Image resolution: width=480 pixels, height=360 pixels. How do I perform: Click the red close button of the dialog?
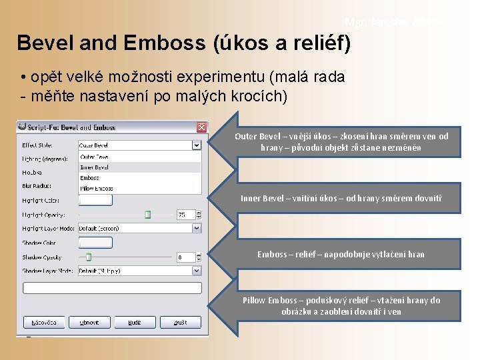pos(201,127)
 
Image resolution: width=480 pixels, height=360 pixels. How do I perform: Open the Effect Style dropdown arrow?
pos(197,145)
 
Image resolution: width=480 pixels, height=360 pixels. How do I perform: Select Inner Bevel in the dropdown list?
pos(94,167)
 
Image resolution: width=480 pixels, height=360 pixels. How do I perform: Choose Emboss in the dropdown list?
pos(89,178)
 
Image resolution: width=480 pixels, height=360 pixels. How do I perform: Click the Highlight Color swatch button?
pos(95,200)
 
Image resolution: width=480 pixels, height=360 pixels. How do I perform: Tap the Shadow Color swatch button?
pos(95,243)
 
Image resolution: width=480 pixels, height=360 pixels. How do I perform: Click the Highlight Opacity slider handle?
pos(148,215)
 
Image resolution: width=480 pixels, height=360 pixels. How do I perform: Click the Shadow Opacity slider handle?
pos(88,257)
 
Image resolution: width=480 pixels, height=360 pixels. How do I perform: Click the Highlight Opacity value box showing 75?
pos(184,215)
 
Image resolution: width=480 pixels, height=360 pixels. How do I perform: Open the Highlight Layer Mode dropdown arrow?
pos(197,228)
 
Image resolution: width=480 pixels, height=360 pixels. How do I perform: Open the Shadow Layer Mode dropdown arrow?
pos(197,271)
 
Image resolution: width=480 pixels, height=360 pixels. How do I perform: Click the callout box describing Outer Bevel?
pos(341,141)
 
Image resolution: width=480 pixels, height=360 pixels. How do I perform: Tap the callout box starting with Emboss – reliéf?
pos(341,254)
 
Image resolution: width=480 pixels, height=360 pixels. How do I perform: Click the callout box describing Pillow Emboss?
pos(341,305)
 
